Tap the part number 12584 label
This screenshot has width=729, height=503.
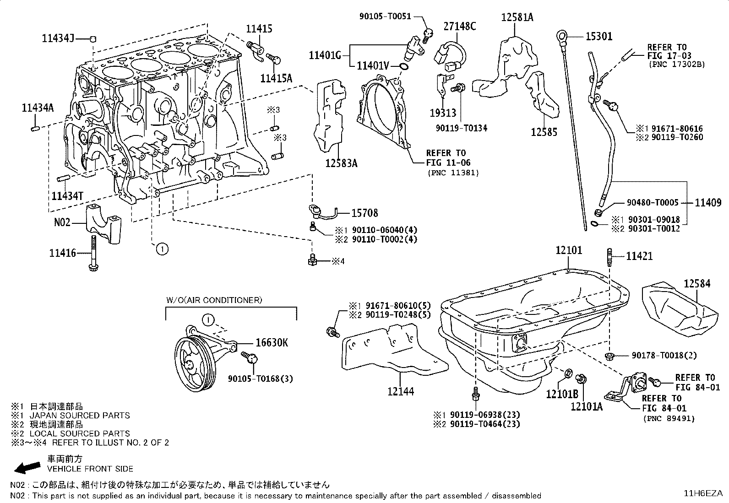pyautogui.click(x=697, y=283)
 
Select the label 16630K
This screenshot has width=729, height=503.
pyautogui.click(x=271, y=343)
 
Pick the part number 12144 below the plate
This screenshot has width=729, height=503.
pyautogui.click(x=400, y=391)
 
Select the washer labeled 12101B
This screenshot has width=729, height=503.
pyautogui.click(x=567, y=374)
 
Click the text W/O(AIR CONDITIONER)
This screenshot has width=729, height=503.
pyautogui.click(x=214, y=300)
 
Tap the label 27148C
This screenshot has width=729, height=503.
pyautogui.click(x=459, y=26)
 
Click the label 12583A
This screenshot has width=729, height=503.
pyautogui.click(x=341, y=163)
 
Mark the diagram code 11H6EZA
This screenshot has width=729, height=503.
pyautogui.click(x=703, y=493)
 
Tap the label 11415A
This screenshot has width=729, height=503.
pyautogui.click(x=276, y=78)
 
